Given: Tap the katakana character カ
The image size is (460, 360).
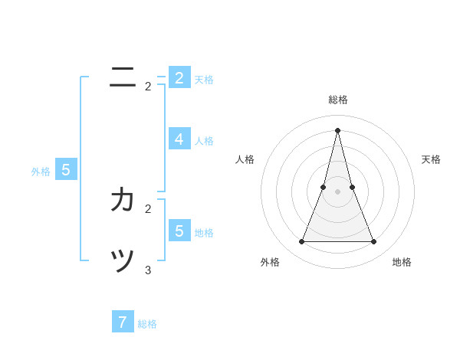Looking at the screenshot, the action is [x=123, y=200].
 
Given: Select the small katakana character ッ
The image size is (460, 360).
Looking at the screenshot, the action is [x=123, y=261].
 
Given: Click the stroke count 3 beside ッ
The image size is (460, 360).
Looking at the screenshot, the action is [x=148, y=270].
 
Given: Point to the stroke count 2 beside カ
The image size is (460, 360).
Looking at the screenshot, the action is [x=148, y=208].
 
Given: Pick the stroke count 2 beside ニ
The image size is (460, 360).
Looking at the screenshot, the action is [x=148, y=87].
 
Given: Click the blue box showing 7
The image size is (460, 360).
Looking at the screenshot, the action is [x=123, y=322].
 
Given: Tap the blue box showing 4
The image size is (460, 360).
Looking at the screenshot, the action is [x=179, y=139].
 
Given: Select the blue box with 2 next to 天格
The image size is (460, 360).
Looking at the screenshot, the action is [x=179, y=77].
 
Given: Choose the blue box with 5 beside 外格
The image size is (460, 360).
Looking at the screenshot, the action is [x=66, y=170].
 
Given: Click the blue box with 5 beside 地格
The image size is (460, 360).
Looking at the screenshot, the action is [x=179, y=231].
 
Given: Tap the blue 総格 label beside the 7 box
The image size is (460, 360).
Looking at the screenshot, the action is [x=147, y=324].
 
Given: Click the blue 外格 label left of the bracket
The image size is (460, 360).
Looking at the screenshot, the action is [x=41, y=172].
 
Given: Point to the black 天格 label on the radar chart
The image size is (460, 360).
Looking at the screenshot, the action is [x=431, y=159].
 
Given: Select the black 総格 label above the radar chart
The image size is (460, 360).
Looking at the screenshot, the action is [x=337, y=100].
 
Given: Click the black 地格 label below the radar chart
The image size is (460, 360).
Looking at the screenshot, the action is [x=402, y=262].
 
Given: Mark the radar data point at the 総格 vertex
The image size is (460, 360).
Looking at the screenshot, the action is [x=337, y=129].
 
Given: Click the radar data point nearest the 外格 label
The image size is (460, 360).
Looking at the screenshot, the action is [x=301, y=242].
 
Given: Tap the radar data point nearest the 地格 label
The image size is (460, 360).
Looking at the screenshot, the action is [x=374, y=242].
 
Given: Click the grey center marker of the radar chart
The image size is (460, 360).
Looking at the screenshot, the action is [x=337, y=191].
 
